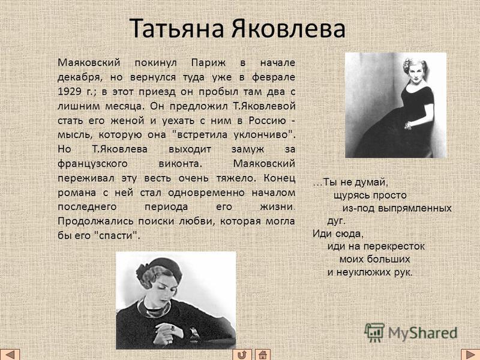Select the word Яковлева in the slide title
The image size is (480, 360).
tap(288, 28)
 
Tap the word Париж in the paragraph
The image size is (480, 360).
tap(208, 63)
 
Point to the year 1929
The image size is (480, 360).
tap(70, 91)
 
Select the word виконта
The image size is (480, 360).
tap(181, 164)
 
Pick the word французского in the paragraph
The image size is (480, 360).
tap(92, 164)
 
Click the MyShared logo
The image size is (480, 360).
tap(410, 333)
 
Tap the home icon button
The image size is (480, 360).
tap(263, 355)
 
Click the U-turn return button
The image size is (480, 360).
tap(242, 355)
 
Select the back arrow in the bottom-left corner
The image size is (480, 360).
tap(10, 355)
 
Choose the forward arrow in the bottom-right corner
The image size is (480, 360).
tap(470, 355)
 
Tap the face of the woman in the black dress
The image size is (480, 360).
tap(415, 73)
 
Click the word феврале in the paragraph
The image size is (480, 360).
tap(274, 77)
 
